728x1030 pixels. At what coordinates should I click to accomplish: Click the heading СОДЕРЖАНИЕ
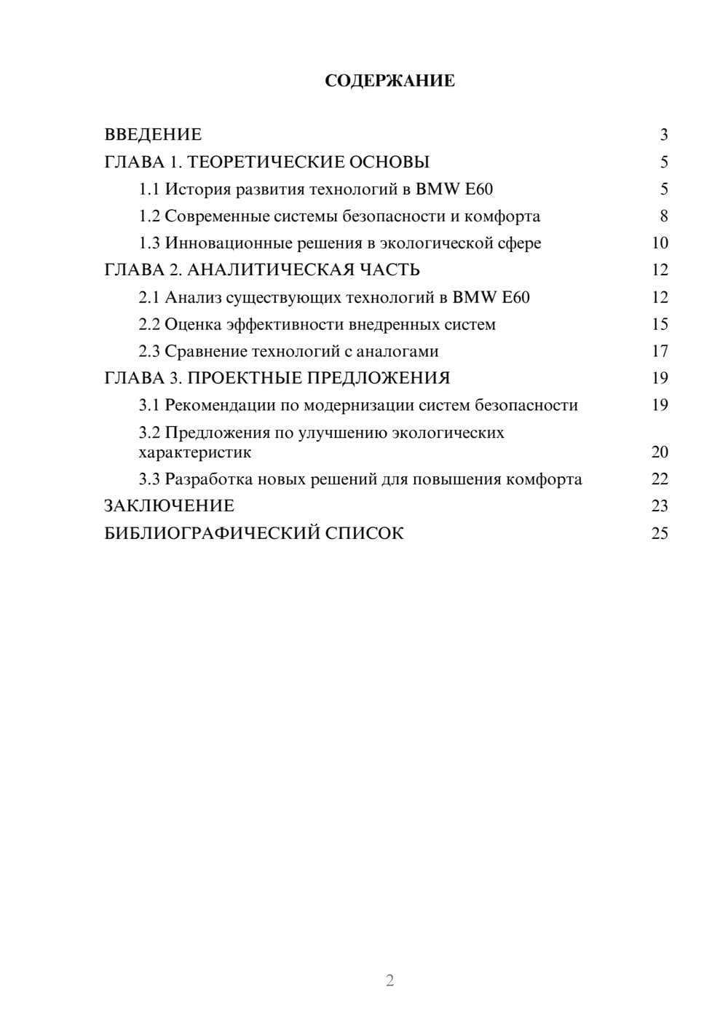coord(389,81)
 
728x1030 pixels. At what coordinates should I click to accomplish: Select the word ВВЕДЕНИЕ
coord(153,135)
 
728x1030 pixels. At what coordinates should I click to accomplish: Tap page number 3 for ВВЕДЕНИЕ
coord(663,135)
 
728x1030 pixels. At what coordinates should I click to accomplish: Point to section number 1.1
coord(149,189)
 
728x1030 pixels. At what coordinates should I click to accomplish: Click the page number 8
coord(663,216)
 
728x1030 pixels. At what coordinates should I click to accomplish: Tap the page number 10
coord(660,243)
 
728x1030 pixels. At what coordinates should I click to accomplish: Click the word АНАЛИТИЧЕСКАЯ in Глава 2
coord(271,270)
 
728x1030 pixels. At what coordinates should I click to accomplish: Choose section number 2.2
coord(149,324)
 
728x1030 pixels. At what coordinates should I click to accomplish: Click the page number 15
coord(660,324)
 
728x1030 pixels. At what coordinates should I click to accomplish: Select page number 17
coord(660,351)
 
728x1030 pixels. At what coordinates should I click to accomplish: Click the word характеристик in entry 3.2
coord(195,452)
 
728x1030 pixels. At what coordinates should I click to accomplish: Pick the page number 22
coord(660,479)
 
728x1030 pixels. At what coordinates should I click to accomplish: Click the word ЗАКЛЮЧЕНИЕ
coord(169,506)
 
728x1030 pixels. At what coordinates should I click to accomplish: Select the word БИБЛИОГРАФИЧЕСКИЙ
coord(212,533)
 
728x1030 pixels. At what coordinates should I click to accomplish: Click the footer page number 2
coord(389,980)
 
